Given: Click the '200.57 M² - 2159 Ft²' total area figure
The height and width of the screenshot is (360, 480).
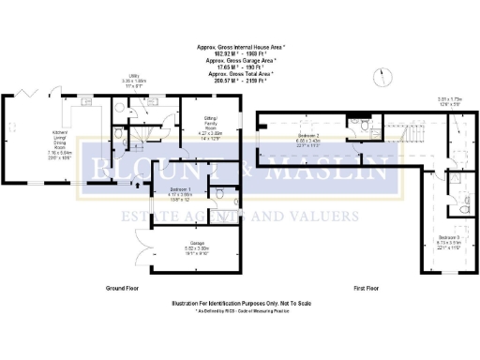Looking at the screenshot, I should (240, 80).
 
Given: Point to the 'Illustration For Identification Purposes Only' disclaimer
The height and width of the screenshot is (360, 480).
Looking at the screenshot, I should (240, 303).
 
